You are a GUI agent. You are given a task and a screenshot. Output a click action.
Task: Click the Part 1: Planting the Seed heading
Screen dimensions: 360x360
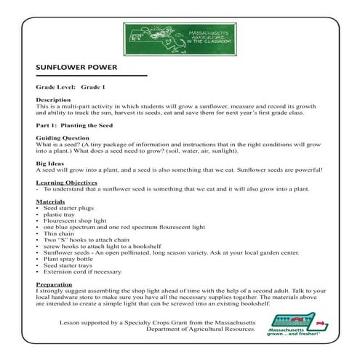[x=76, y=124]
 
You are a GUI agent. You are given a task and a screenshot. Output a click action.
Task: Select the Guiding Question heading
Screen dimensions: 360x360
[x=63, y=137]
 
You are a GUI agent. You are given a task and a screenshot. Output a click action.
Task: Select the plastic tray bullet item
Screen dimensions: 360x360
[x=60, y=215]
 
